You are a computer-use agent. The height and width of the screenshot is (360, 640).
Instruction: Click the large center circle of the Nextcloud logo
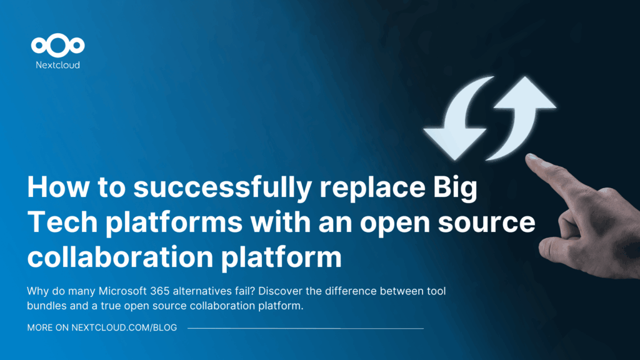(x=57, y=46)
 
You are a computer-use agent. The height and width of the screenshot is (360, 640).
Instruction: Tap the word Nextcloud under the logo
(x=57, y=64)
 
